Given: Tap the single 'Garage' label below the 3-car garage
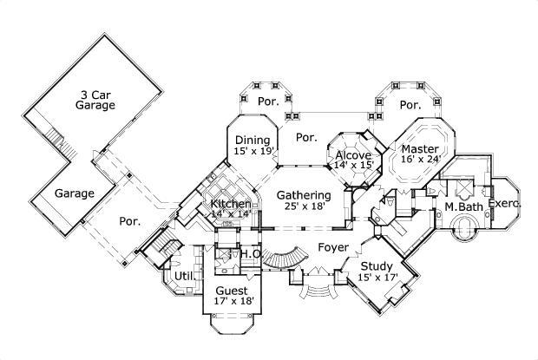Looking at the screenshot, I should [74, 193].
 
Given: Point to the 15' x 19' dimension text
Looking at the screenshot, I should [253, 152].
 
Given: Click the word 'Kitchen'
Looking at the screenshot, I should [231, 203].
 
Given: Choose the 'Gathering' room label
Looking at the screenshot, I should [304, 195].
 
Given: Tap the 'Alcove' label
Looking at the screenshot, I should [353, 155].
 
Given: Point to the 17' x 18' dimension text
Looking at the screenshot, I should [233, 302].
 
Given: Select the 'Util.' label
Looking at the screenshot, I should [184, 276].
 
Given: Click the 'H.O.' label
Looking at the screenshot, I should [251, 253].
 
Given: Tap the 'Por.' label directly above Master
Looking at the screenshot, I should [410, 105].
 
